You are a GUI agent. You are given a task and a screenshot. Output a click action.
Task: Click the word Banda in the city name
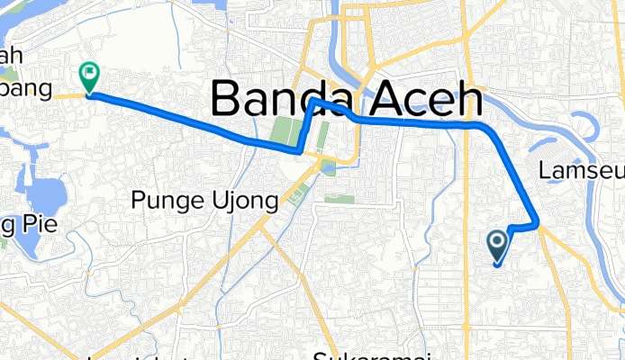tap(290, 97)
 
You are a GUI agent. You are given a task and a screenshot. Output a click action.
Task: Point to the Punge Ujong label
tap(204, 201)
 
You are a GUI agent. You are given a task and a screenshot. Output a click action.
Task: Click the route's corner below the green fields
tap(300, 153)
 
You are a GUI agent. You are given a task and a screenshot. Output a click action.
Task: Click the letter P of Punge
tap(137, 201)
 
